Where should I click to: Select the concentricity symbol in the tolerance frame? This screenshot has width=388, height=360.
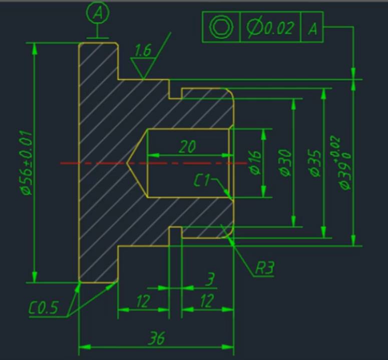pyautogui.click(x=221, y=27)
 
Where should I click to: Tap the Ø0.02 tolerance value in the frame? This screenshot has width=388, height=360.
pyautogui.click(x=270, y=27)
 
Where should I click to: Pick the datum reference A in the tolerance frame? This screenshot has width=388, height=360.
pyautogui.click(x=313, y=28)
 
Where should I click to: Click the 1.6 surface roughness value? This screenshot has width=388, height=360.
pyautogui.click(x=143, y=51)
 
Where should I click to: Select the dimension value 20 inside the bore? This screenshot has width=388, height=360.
pyautogui.click(x=187, y=147)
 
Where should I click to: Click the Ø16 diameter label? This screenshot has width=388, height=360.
pyautogui.click(x=255, y=163)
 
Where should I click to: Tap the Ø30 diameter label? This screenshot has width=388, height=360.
pyautogui.click(x=285, y=163)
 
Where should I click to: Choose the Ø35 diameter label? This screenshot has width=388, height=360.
pyautogui.click(x=315, y=163)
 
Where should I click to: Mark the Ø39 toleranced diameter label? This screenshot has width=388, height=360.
pyautogui.click(x=345, y=163)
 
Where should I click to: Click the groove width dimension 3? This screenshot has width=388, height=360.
pyautogui.click(x=211, y=279)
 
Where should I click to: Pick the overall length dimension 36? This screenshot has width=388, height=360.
pyautogui.click(x=156, y=339)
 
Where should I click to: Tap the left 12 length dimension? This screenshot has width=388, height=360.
pyautogui.click(x=143, y=301)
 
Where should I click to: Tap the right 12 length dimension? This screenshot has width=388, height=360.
pyautogui.click(x=207, y=301)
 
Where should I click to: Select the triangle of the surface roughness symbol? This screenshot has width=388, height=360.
pyautogui.click(x=143, y=67)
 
